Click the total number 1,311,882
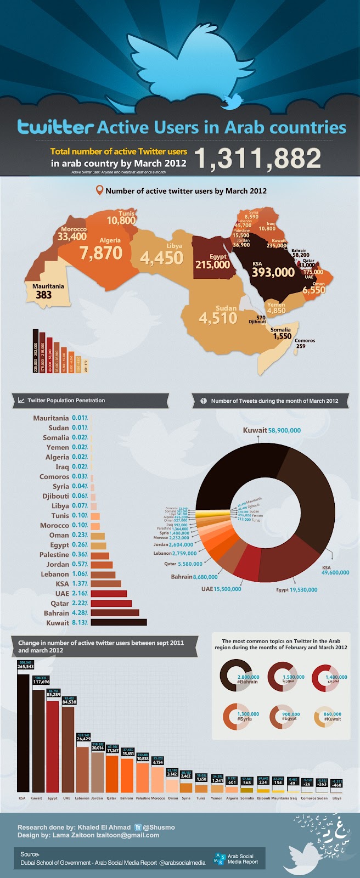(258, 158)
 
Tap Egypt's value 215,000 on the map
(212, 264)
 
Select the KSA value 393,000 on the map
(273, 272)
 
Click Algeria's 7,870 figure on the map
(100, 253)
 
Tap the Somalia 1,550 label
(282, 336)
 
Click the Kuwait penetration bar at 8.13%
(119, 622)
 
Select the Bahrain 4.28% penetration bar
(115, 612)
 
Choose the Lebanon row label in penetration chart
(55, 574)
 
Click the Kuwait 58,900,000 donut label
(272, 431)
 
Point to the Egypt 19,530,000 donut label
(296, 590)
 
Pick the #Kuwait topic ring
(326, 718)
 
